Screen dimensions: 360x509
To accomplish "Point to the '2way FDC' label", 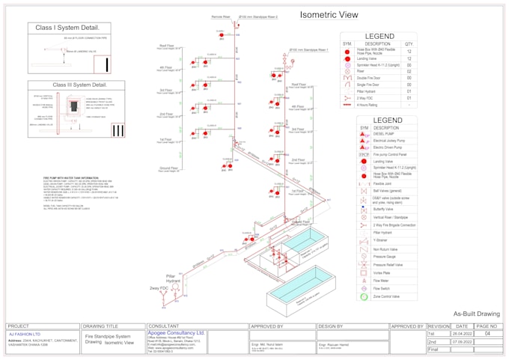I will click(x=159, y=287).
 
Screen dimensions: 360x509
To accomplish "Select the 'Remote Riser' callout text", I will click(x=221, y=16).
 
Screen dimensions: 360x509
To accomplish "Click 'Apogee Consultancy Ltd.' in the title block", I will click(x=177, y=332).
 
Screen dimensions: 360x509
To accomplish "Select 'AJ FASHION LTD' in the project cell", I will click(x=25, y=334).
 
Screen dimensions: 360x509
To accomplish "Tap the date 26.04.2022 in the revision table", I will click(x=461, y=334).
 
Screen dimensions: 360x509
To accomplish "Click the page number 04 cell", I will click(x=487, y=334).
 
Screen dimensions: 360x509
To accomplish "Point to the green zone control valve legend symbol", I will click(x=363, y=296).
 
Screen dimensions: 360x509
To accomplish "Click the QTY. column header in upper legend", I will click(x=408, y=44).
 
